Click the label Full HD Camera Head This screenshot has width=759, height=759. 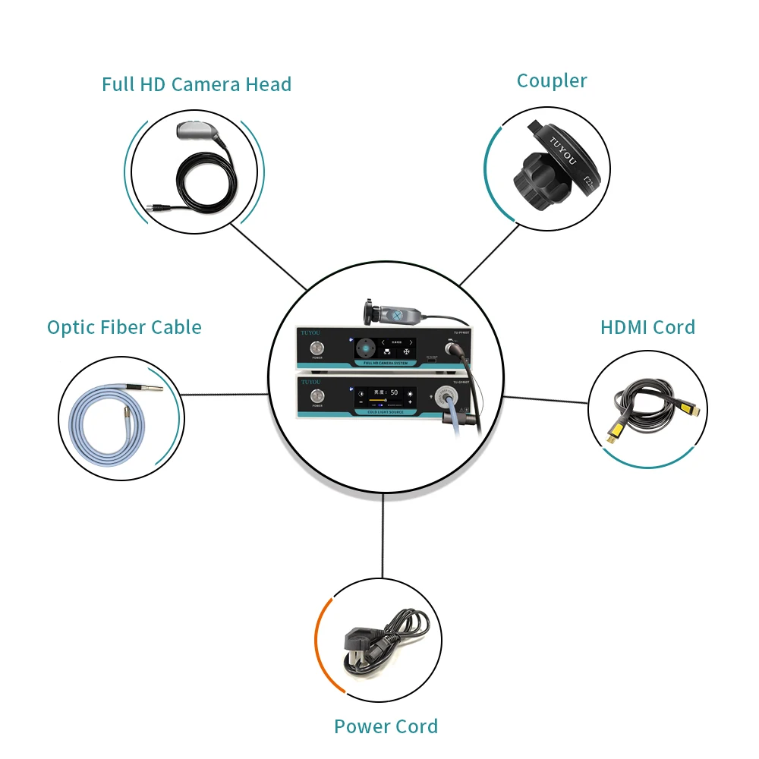point(197,84)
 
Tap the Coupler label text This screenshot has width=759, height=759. point(552,81)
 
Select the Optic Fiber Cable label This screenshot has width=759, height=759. point(124,328)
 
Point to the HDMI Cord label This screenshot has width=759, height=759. point(647,328)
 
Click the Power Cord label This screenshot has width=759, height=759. point(386,726)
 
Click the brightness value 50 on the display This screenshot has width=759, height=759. point(394,392)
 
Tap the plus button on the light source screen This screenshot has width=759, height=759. point(410,402)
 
